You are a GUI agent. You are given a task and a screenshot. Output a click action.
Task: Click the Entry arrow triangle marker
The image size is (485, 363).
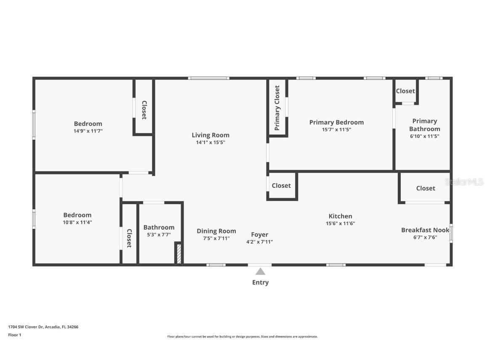[260, 271]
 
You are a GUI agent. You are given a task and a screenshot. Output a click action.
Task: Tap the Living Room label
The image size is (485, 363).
[211, 135]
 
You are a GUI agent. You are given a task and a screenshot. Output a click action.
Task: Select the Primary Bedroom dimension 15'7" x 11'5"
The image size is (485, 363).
[336, 130]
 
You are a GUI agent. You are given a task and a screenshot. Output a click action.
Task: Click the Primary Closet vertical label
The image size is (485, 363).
[277, 108]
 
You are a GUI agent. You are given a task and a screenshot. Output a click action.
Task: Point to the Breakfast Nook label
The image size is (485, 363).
[425, 230]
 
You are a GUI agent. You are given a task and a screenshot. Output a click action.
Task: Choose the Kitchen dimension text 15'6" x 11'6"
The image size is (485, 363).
[340, 224]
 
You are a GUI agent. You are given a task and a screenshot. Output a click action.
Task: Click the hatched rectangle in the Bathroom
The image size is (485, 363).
[179, 254]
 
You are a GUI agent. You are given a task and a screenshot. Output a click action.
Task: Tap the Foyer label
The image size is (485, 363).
[259, 234]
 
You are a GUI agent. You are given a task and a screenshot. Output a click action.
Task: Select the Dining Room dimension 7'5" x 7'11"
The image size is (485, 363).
[216, 238]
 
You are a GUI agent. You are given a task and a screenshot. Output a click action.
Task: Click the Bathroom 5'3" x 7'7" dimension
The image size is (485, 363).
[159, 234]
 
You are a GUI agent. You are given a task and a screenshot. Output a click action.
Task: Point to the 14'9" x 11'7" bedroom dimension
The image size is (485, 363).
[88, 131]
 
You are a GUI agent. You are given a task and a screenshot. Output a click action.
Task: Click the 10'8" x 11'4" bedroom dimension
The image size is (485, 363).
[77, 222]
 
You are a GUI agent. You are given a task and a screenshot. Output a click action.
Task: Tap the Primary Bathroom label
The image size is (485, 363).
[424, 125]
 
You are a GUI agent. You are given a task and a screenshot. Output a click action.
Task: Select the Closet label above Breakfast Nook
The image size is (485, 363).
[425, 188]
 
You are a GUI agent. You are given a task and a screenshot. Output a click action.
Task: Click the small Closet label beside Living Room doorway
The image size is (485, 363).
[281, 185]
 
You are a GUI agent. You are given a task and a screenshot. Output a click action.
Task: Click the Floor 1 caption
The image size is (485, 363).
[14, 335]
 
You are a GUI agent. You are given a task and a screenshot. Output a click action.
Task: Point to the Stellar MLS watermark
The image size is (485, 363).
[464, 181]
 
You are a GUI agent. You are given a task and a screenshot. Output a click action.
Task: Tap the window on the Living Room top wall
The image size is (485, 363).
[208, 78]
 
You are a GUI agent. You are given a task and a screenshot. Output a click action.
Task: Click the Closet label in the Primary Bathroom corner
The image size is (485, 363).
[405, 91]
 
